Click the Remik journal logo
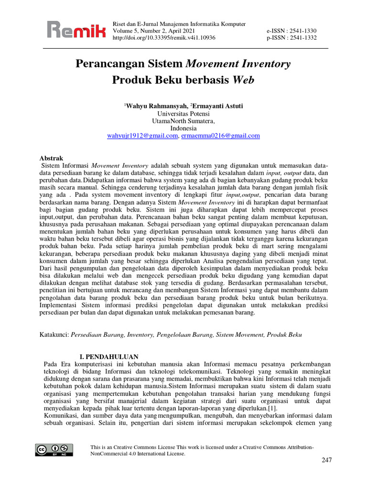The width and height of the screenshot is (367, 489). (76, 31)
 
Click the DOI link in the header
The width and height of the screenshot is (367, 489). (163, 38)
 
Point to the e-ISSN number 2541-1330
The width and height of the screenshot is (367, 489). (300, 31)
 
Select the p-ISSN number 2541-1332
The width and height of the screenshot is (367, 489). (300, 38)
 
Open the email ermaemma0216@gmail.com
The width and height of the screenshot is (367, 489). (221, 136)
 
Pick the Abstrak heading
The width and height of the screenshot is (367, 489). (51, 158)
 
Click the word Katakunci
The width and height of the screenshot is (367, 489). (54, 335)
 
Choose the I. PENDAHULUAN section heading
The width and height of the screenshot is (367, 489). (108, 357)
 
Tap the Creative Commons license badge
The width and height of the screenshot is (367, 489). (54, 449)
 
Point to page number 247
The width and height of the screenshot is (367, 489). (326, 460)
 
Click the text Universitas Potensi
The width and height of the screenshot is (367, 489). (183, 114)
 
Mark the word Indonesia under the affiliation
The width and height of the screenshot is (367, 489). (183, 128)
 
